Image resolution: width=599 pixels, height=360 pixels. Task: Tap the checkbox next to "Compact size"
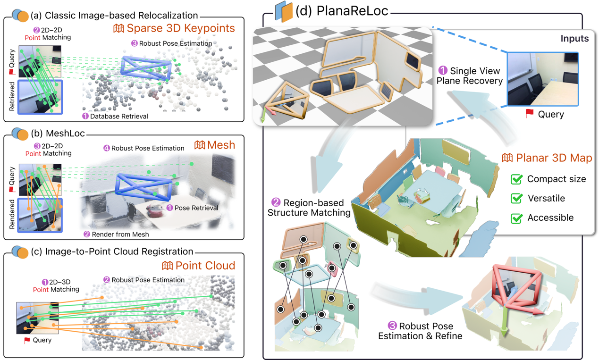coord(517,179)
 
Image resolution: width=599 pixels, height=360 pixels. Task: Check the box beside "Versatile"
coord(517,198)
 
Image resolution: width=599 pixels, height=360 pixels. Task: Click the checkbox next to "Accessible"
coord(517,218)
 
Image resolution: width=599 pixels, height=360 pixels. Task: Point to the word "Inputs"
coord(574,39)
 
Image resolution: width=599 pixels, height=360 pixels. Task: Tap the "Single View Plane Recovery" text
coord(469,75)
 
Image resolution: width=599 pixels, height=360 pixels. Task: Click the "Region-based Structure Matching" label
coord(309,208)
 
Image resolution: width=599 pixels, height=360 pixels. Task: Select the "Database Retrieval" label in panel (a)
coord(118,116)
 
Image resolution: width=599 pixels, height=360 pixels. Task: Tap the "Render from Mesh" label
coord(120,234)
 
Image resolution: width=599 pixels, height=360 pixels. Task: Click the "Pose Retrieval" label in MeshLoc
coord(196,208)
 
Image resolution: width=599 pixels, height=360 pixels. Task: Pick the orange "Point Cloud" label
coord(204,265)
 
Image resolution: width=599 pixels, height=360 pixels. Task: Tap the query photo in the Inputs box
coord(542,79)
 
